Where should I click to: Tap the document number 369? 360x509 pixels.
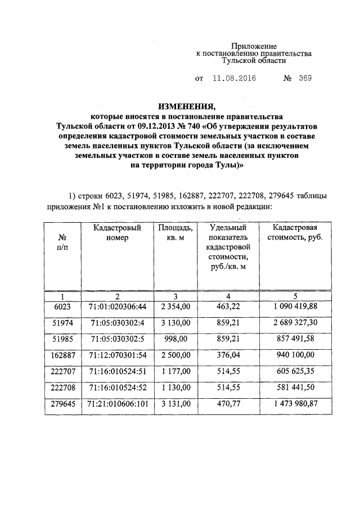(305, 79)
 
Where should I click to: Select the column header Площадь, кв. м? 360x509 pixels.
(175, 232)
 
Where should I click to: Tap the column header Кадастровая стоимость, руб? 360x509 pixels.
(295, 232)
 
